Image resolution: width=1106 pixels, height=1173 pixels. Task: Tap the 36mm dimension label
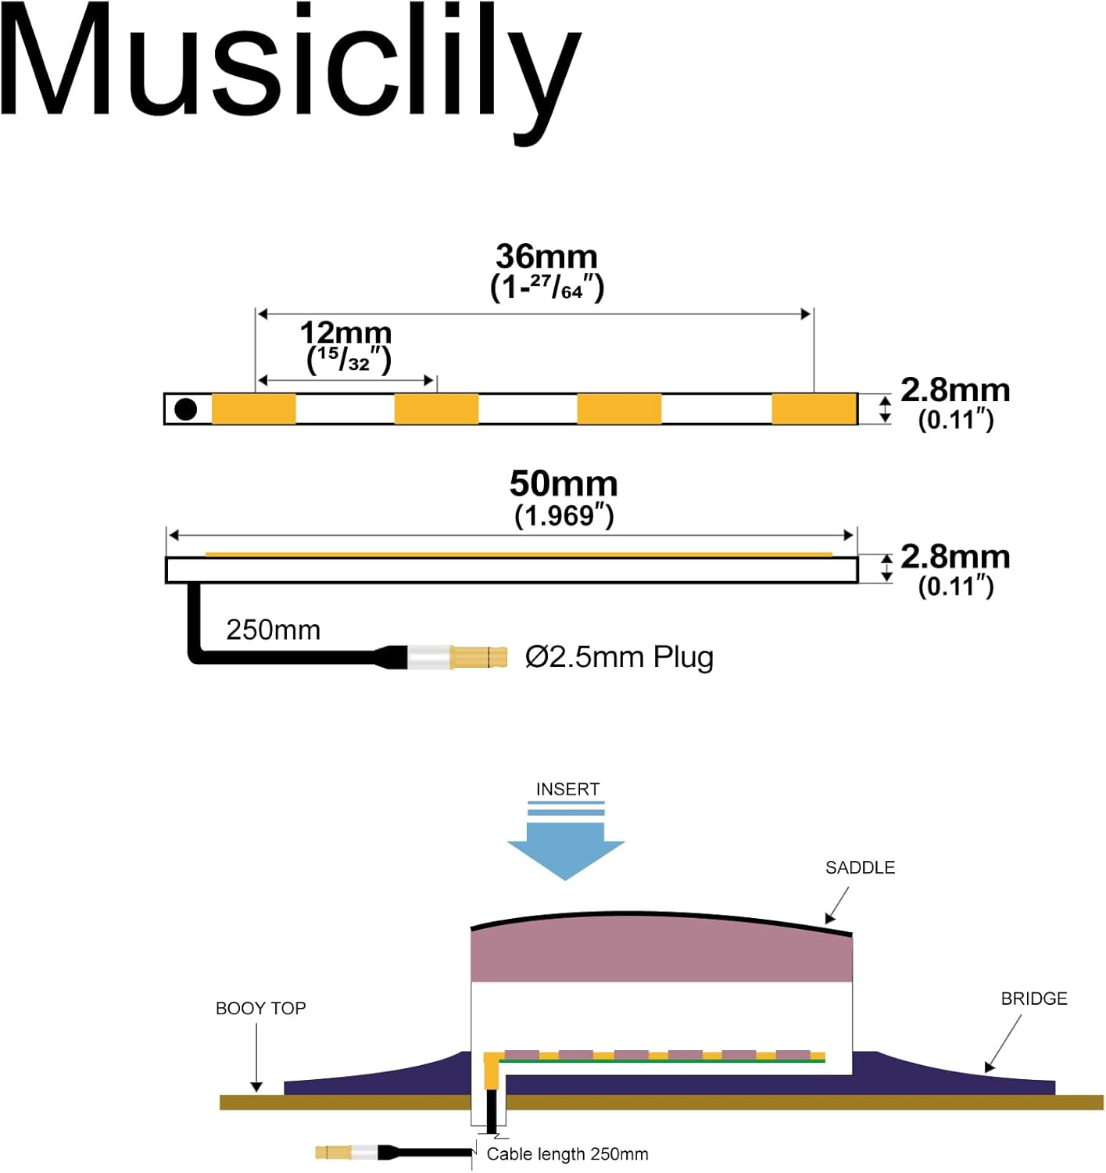pyautogui.click(x=546, y=256)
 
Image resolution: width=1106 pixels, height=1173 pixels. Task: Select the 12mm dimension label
pyautogui.click(x=345, y=332)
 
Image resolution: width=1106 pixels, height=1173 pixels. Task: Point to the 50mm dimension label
pyautogui.click(x=564, y=484)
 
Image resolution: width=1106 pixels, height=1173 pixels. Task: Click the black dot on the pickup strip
pyautogui.click(x=185, y=409)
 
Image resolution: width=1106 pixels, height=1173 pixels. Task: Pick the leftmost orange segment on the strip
pyautogui.click(x=254, y=409)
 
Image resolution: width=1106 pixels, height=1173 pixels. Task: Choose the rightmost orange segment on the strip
pyautogui.click(x=814, y=409)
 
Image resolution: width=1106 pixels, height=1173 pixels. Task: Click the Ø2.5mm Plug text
pyautogui.click(x=619, y=657)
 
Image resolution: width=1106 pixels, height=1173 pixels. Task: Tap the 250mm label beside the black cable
pyautogui.click(x=273, y=630)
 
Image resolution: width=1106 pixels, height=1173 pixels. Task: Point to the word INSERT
pyautogui.click(x=567, y=789)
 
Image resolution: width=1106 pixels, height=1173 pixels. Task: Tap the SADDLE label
pyautogui.click(x=860, y=867)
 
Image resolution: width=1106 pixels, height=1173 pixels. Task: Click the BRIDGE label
pyautogui.click(x=1033, y=999)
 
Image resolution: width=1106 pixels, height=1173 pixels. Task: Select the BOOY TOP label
pyautogui.click(x=260, y=1008)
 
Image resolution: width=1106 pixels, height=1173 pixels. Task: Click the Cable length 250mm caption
pyautogui.click(x=567, y=1154)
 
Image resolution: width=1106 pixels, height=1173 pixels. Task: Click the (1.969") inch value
pyautogui.click(x=564, y=516)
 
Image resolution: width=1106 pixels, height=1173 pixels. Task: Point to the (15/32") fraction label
pyautogui.click(x=349, y=360)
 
